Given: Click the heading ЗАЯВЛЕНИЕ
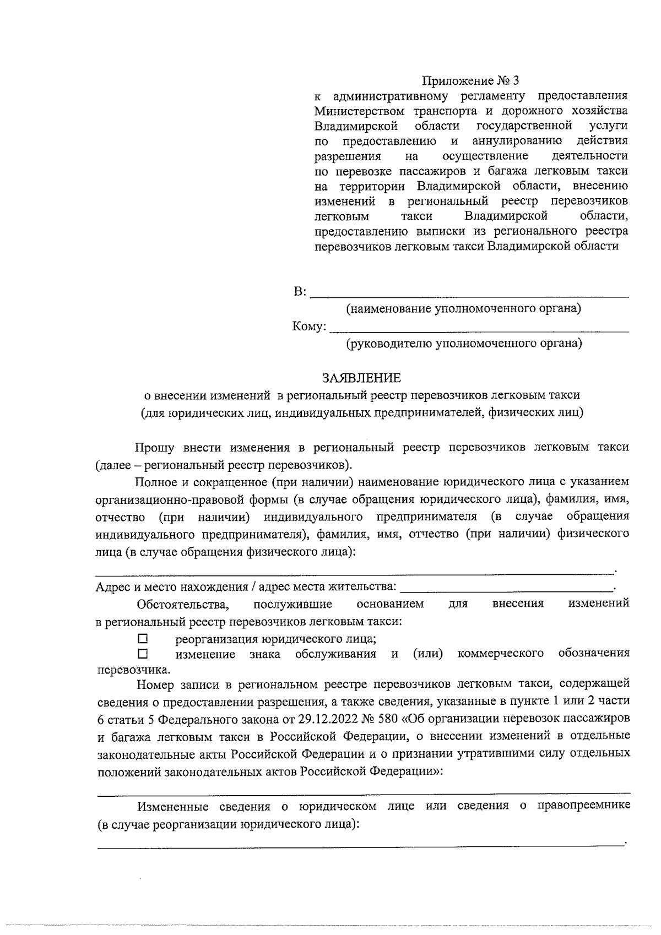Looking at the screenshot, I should coord(361,378).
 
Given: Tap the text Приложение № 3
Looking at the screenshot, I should coord(470,81).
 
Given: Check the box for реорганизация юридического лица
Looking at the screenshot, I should coord(143,639).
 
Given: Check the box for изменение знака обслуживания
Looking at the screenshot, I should coord(143,654).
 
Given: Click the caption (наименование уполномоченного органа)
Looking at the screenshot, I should coord(463,308).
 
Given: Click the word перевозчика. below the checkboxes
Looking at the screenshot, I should coord(133,670).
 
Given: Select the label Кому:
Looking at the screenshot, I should coord(310,327).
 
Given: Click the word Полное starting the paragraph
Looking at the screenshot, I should coord(156,482).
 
